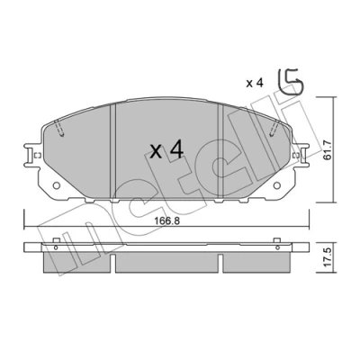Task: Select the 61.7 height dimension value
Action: click(328, 149)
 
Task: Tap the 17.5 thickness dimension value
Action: click(328, 257)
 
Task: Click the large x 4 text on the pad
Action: click(166, 150)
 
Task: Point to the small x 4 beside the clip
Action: click(255, 83)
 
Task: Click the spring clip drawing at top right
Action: click(291, 82)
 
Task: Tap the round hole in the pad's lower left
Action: click(56, 185)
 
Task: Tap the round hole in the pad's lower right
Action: click(277, 185)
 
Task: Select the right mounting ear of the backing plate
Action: click(300, 155)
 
